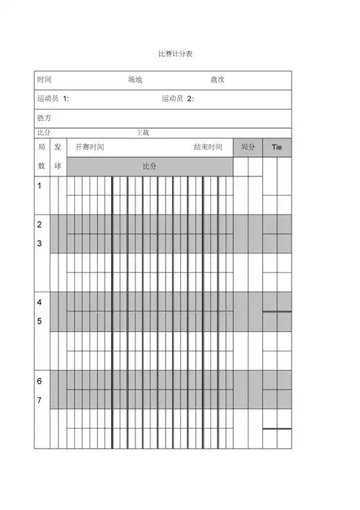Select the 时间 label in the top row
(44, 80)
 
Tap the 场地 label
(135, 80)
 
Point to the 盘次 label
(217, 80)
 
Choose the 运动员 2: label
(178, 99)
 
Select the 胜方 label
(44, 117)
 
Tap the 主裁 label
(143, 133)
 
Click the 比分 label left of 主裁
(43, 133)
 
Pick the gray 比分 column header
(150, 166)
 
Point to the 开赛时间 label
(90, 147)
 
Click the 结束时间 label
(208, 147)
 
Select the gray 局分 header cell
(248, 147)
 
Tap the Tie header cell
(276, 147)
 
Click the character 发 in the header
(58, 147)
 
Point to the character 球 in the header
(58, 166)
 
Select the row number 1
(40, 185)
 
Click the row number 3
(40, 243)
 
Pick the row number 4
(40, 302)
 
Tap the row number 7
(40, 399)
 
